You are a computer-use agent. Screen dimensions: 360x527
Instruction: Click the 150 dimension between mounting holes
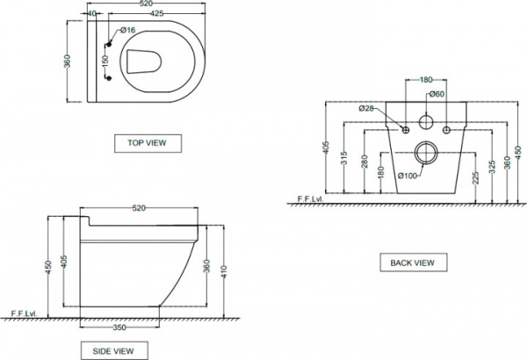tap(104, 61)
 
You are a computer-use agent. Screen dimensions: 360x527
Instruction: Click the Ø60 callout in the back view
tap(437, 95)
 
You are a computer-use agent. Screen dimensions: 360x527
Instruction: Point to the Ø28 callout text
tap(367, 109)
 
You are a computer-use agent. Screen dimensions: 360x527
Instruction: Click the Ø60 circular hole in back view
tap(427, 121)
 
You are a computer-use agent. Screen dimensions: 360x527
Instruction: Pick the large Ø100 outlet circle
tap(427, 151)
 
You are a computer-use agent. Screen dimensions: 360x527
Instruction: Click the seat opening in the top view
tap(142, 62)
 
